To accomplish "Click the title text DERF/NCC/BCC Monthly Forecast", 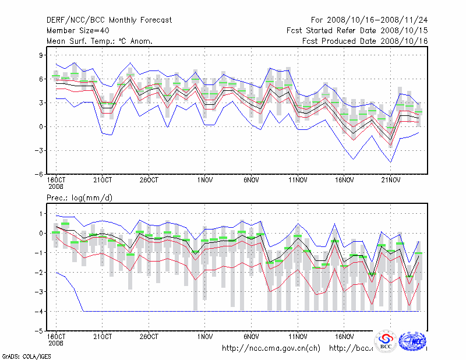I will click(109, 20).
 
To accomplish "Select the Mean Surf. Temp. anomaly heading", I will click(100, 41).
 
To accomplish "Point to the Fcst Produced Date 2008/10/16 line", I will click(365, 41).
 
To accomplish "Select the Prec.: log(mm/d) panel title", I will click(80, 199).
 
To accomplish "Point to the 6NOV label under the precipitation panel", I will click(251, 336).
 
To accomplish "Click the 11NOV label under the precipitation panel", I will click(298, 336).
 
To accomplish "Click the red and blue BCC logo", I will click(385, 342).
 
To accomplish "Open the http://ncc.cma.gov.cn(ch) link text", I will click(271, 348).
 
